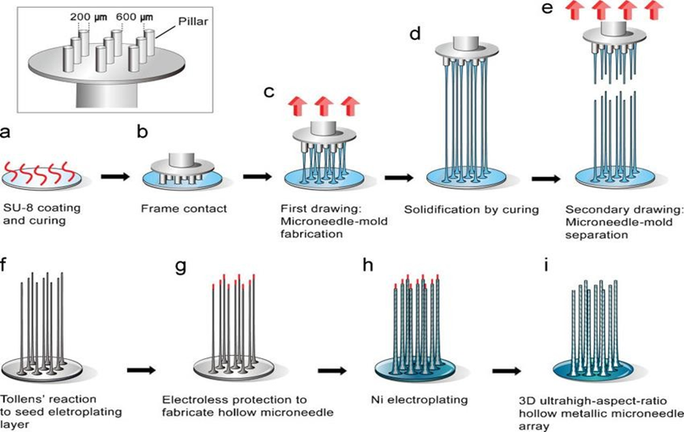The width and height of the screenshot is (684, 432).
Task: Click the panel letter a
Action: click(7, 131)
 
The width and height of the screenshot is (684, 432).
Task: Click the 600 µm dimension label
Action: click(142, 14)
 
